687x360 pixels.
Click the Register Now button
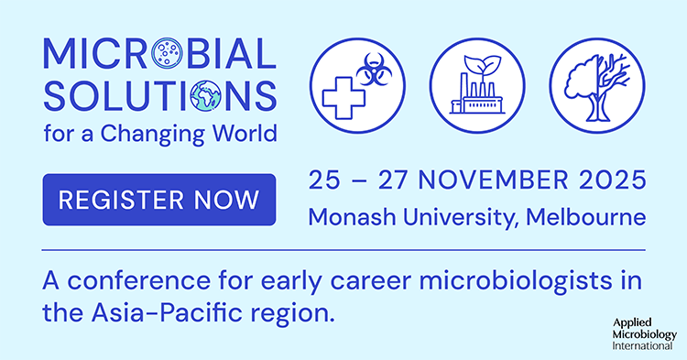point(158,199)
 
